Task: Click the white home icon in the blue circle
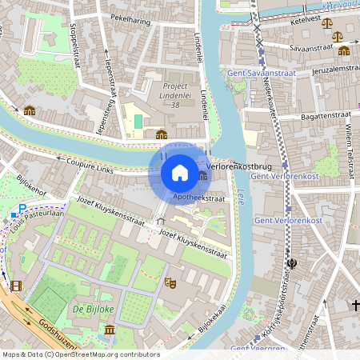(180, 173)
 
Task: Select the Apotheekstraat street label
(198, 196)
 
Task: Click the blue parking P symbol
(22, 208)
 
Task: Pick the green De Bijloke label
(91, 307)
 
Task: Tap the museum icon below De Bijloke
(109, 330)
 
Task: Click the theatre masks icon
(170, 282)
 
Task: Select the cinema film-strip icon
(17, 284)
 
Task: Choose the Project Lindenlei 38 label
(176, 94)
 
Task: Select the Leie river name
(241, 192)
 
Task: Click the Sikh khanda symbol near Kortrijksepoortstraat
(291, 263)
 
